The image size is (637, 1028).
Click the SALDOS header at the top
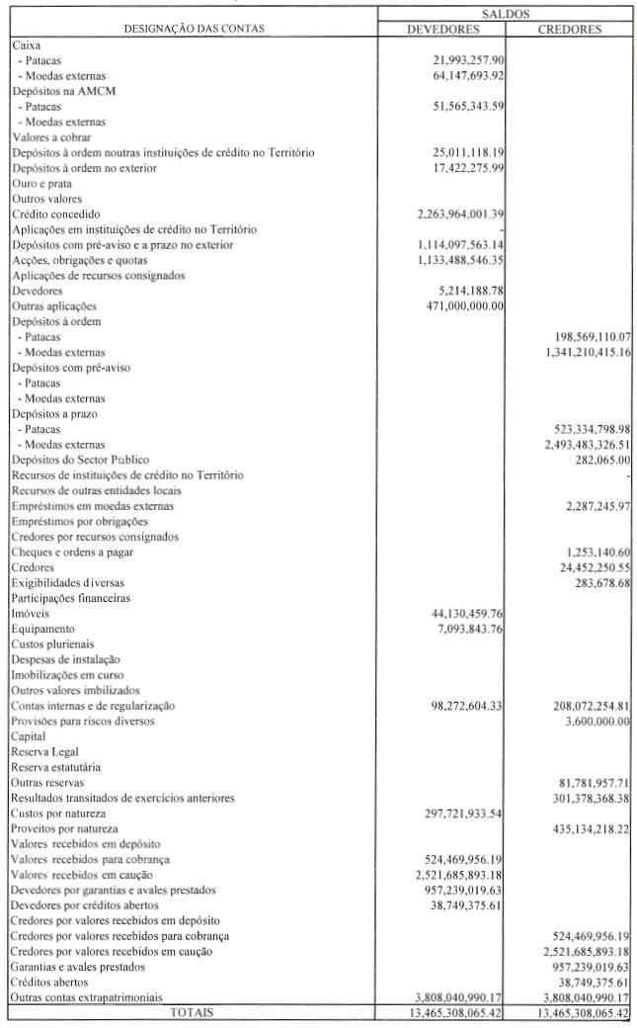(x=506, y=14)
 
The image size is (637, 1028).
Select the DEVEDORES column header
(x=442, y=29)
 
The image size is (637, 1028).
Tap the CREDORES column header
(x=570, y=29)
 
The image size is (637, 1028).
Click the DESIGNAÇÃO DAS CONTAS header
(x=193, y=29)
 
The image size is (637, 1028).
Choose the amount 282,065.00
(x=602, y=460)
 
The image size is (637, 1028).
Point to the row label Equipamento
(x=43, y=629)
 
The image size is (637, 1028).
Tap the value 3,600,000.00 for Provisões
(x=594, y=721)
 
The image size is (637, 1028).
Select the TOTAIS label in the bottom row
(x=192, y=1013)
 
